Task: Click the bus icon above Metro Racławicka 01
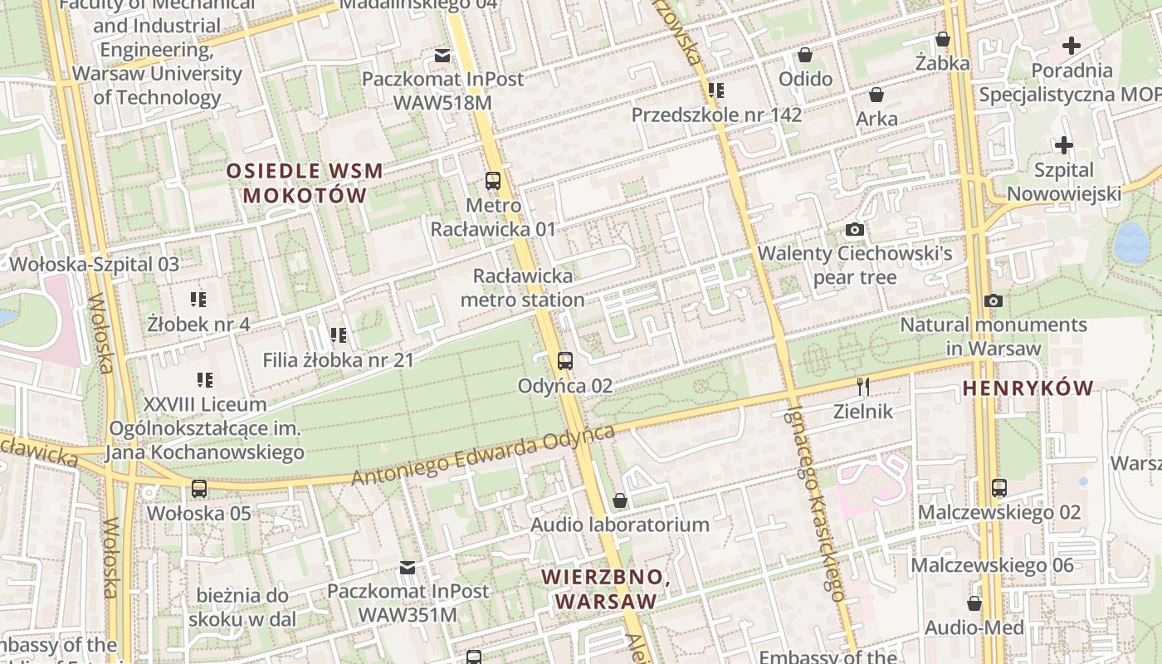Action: tap(493, 180)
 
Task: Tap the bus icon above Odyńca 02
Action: tap(565, 360)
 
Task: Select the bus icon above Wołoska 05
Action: tap(199, 488)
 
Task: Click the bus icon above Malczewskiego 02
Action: tap(999, 487)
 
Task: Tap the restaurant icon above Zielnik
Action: tap(863, 386)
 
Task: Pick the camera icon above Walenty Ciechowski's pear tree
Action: tap(855, 229)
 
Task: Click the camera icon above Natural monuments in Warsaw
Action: tap(994, 300)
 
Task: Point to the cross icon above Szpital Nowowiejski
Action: tap(1063, 145)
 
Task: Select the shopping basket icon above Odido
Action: tap(805, 55)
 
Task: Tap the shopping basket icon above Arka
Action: tap(876, 95)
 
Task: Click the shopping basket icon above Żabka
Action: tap(943, 39)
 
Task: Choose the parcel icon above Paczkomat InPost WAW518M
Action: tap(442, 56)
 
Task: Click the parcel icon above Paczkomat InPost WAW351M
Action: tap(408, 568)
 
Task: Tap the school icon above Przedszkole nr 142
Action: tap(716, 90)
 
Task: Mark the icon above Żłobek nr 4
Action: tap(198, 299)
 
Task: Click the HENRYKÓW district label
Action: tap(1028, 388)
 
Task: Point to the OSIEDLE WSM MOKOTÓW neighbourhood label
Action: tap(305, 183)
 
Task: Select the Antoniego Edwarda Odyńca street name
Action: tap(482, 456)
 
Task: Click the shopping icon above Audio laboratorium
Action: tap(619, 500)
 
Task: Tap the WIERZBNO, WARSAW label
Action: tap(605, 588)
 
